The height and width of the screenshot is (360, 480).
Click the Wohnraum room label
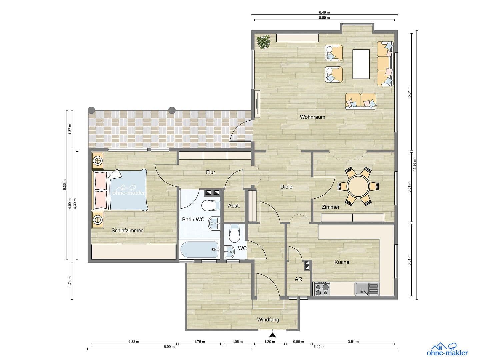point(312,117)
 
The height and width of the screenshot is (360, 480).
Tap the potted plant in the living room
point(263,42)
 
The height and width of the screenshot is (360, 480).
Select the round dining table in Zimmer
point(358,186)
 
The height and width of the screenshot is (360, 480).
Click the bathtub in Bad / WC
point(199,249)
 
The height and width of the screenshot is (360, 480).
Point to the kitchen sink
point(367,288)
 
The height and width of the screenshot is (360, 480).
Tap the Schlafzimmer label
point(127,230)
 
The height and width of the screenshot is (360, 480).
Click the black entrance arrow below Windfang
point(273,335)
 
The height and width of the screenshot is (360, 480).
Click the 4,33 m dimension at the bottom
point(134,342)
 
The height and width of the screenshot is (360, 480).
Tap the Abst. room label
point(234,206)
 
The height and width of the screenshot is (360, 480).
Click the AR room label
point(298,279)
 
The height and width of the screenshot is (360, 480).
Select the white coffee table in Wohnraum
point(361,64)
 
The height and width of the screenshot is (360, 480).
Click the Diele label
point(286,187)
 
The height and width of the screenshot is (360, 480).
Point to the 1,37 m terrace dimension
point(70,129)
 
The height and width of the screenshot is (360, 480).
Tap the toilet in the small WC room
point(235,234)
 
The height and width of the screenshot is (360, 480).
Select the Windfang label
point(268,320)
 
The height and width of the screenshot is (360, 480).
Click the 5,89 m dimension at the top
point(324,18)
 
